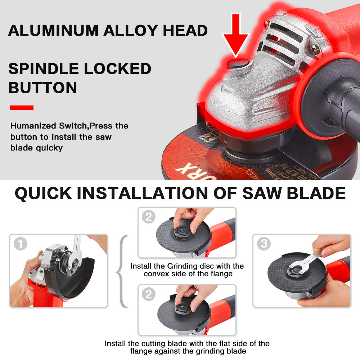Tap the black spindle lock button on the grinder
(x=236, y=64)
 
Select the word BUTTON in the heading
(x=42, y=87)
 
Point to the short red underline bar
(x=22, y=107)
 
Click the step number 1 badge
(x=20, y=244)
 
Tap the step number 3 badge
(x=264, y=244)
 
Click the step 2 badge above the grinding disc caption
(x=148, y=217)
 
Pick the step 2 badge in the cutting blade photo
(x=148, y=294)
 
